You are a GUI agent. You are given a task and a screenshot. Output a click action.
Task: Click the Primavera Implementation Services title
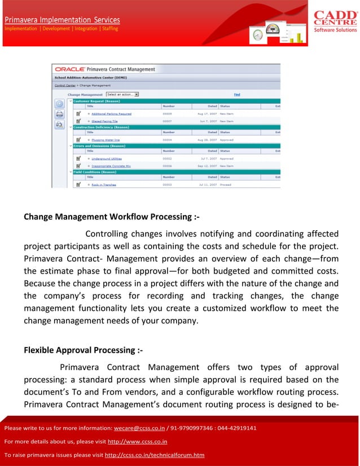click(62, 20)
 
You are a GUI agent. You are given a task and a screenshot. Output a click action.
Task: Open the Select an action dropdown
click(122, 94)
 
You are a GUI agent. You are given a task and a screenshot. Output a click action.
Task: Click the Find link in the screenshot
click(237, 94)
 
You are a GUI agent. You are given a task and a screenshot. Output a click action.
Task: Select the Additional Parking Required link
click(111, 113)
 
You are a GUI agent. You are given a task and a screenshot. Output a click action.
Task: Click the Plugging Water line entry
click(106, 139)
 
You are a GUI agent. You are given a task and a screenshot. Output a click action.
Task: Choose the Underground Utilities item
click(107, 159)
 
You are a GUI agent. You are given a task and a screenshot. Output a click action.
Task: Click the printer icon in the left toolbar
click(59, 113)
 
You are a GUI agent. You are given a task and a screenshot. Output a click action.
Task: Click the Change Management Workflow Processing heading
click(111, 217)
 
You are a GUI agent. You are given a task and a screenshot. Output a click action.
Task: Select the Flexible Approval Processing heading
click(83, 350)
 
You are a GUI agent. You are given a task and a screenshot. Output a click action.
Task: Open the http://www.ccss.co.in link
click(137, 441)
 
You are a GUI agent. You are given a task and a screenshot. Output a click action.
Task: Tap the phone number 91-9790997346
click(194, 428)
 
